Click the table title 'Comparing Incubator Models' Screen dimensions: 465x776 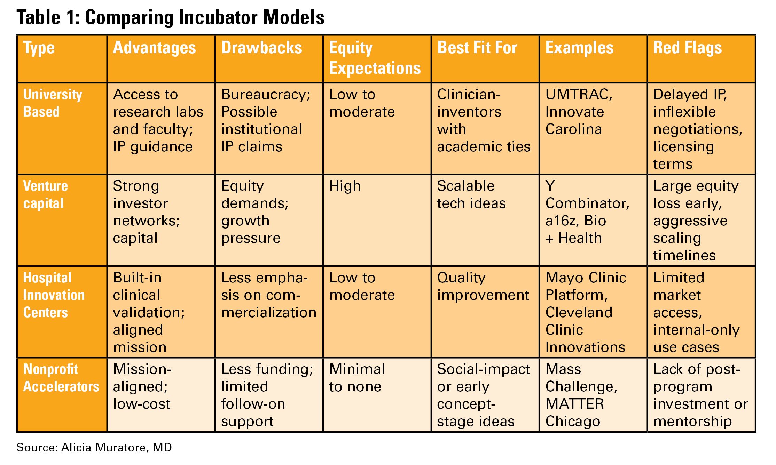pos(171,17)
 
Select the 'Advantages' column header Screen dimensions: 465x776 pos(154,48)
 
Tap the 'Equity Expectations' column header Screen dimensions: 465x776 pos(375,58)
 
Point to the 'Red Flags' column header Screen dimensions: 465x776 pos(687,48)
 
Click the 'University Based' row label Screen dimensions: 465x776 pos(53,103)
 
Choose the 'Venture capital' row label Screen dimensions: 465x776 pos(45,194)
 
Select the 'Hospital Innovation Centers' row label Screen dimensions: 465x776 pos(54,295)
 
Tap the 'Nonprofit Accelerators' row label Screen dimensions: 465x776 pos(61,378)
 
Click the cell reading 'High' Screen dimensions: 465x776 pos(345,186)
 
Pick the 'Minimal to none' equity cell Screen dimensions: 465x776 pos(356,378)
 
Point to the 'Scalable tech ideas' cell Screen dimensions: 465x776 pos(471,194)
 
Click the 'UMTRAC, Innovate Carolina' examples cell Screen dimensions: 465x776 pos(578,112)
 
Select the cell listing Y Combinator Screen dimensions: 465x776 pos(587,212)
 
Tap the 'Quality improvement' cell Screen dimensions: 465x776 pos(483,286)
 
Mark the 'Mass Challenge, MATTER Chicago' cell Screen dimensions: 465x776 pos(581,395)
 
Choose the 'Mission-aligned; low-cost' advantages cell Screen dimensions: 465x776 pos(142,386)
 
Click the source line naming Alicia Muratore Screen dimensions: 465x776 pos(94,447)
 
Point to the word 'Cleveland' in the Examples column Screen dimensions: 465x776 pos(579,312)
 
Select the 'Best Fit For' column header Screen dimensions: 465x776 pos(477,48)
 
